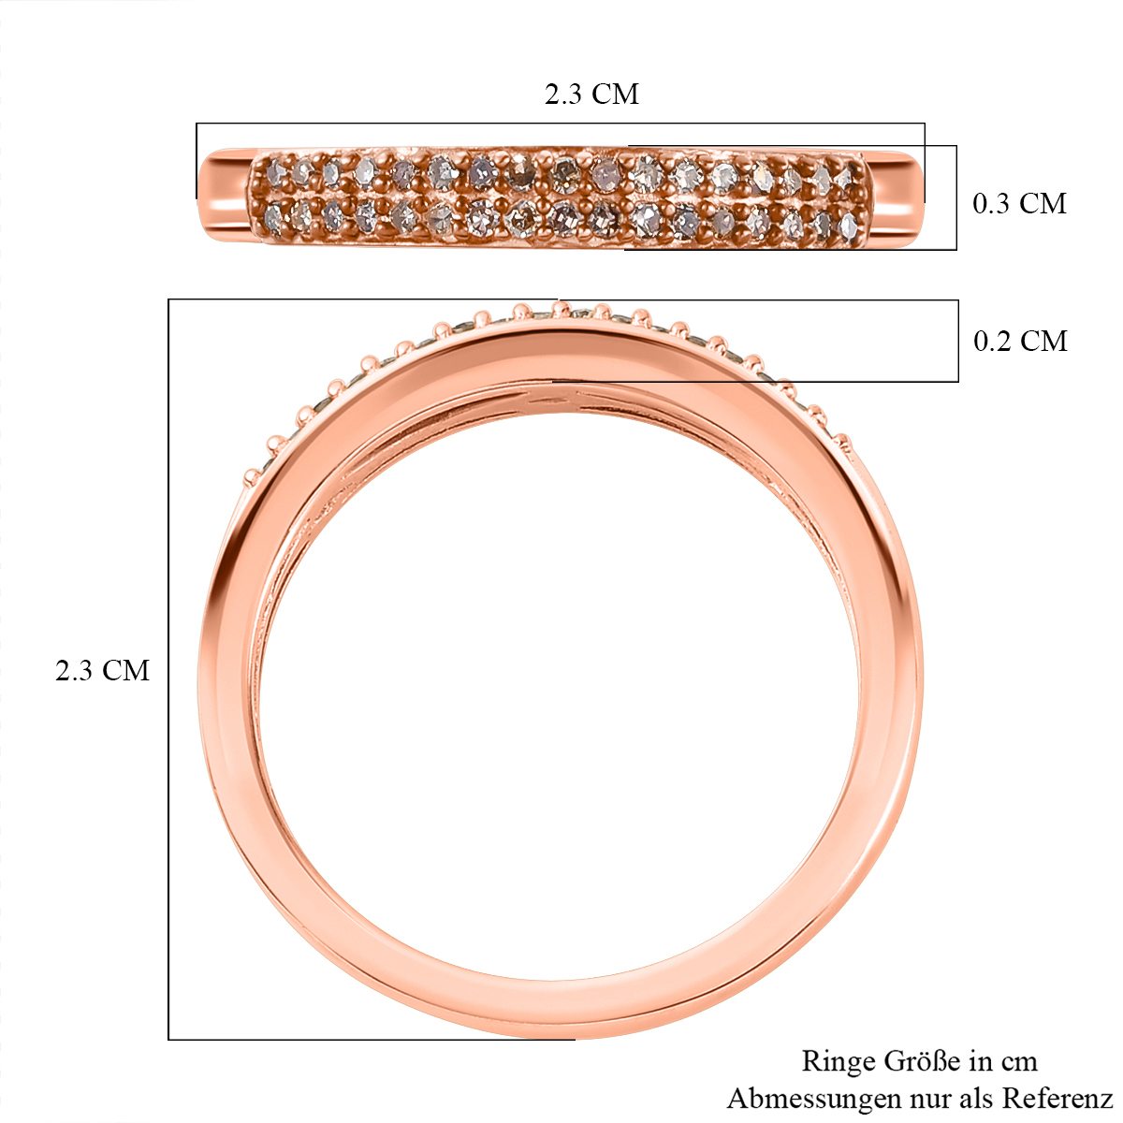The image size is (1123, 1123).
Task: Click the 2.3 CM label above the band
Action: click(x=591, y=94)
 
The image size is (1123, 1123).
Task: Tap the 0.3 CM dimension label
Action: click(x=1019, y=203)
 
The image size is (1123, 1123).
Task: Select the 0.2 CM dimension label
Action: click(x=1020, y=341)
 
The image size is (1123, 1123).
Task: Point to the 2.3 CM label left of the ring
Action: click(x=103, y=670)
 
